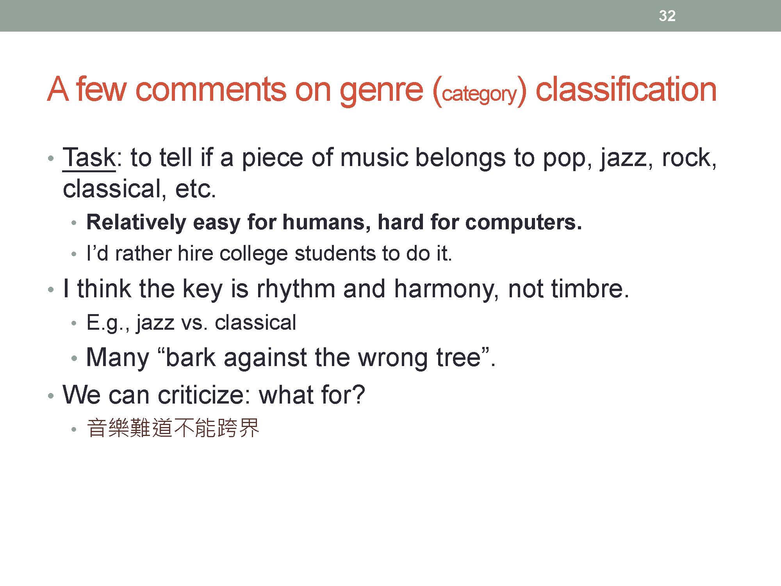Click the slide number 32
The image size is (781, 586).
pyautogui.click(x=667, y=16)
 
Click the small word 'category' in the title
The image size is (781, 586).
pyautogui.click(x=480, y=94)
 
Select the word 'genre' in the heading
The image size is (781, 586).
pyautogui.click(x=381, y=91)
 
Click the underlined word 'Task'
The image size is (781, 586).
pyautogui.click(x=89, y=158)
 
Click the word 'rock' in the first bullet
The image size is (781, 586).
pyautogui.click(x=686, y=158)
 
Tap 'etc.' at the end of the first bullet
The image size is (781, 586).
pyautogui.click(x=195, y=189)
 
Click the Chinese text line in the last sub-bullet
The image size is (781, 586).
pyautogui.click(x=173, y=428)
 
